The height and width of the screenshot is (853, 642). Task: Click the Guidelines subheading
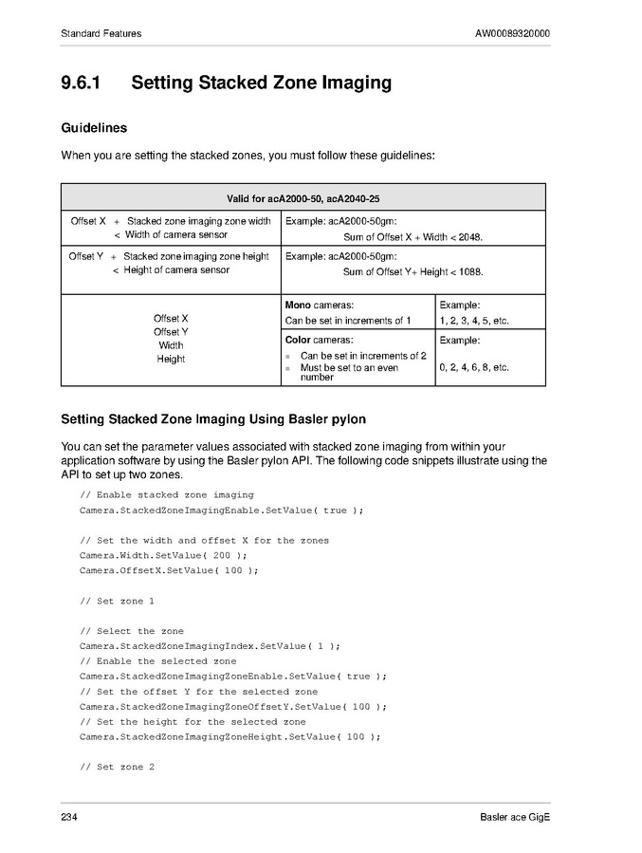(x=94, y=127)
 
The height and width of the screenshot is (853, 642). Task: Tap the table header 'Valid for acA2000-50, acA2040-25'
(x=303, y=197)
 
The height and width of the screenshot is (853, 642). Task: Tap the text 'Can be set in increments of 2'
(x=363, y=356)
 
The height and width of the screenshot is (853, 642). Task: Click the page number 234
(x=69, y=818)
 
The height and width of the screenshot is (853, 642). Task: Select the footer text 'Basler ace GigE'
(x=514, y=818)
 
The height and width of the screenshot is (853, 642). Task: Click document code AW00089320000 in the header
(x=512, y=34)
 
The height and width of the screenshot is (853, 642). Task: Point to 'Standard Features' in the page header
(x=101, y=34)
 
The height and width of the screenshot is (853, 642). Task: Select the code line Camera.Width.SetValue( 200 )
(x=163, y=555)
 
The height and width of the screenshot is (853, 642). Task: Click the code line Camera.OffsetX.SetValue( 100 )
(x=169, y=570)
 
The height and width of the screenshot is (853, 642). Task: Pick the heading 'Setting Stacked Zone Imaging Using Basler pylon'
(x=213, y=418)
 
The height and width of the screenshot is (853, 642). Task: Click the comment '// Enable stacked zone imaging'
(x=167, y=494)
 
